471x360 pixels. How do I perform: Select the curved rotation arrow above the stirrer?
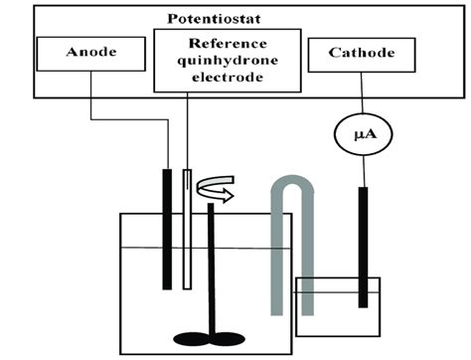[216, 190]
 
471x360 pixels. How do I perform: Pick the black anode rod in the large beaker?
[167, 229]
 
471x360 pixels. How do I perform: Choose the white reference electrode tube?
[188, 229]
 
